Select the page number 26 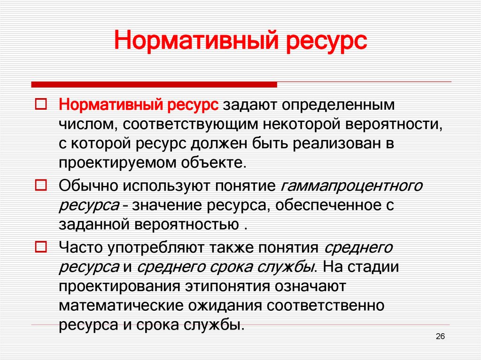441,336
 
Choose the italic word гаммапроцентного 351,186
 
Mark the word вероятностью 187,225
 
